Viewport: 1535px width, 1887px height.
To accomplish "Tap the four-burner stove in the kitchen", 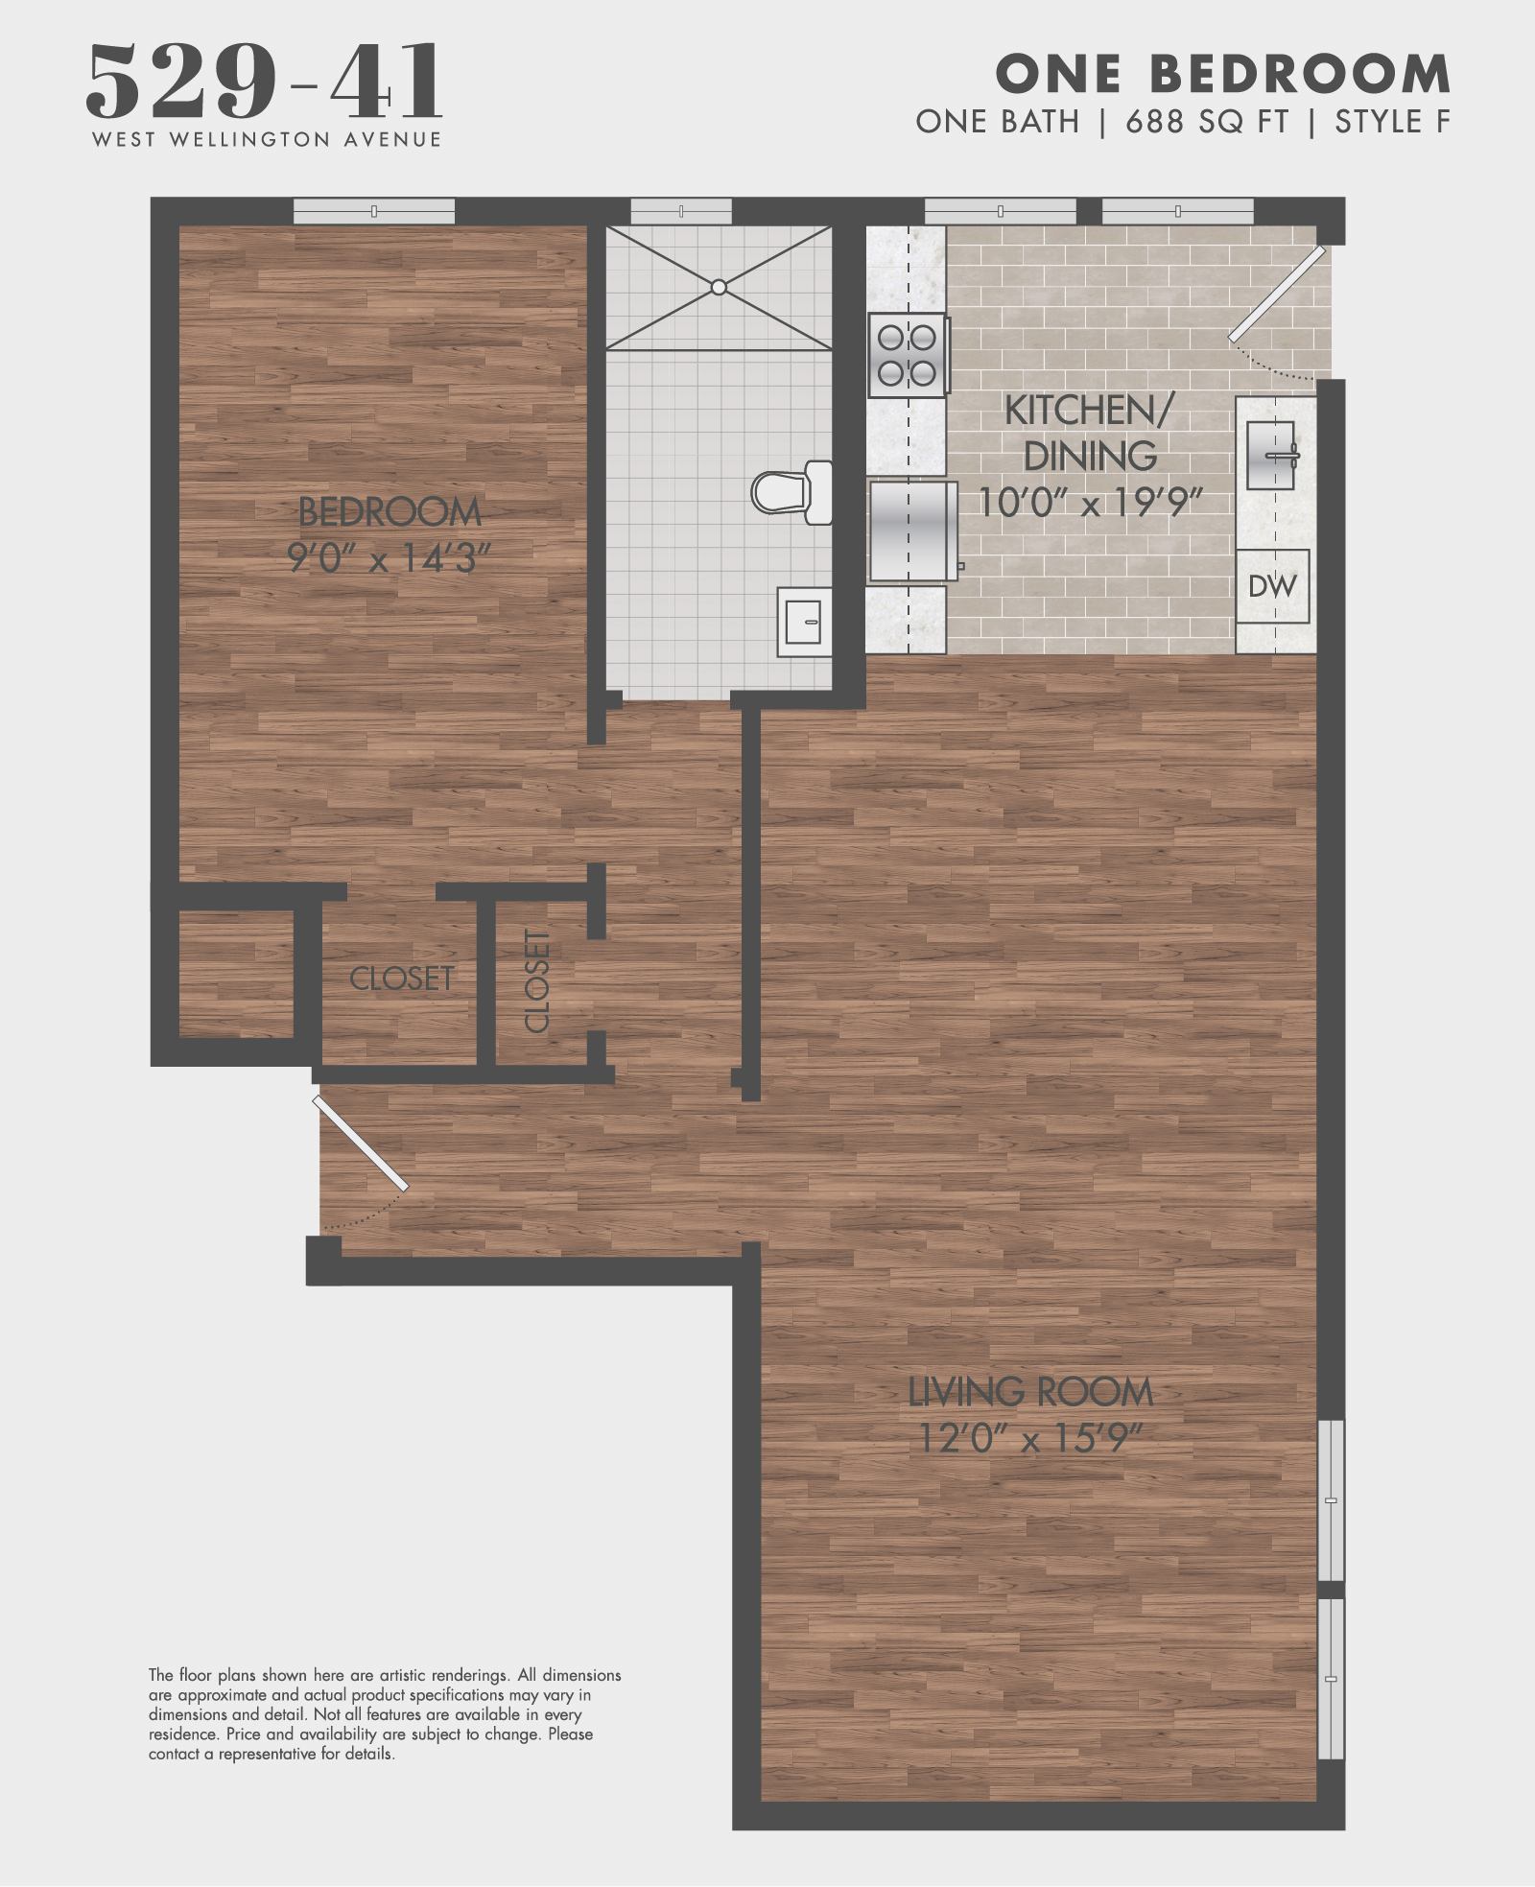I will pyautogui.click(x=908, y=355).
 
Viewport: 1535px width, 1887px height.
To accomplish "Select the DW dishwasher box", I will pyautogui.click(x=1272, y=586).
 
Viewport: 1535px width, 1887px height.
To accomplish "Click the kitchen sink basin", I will pyautogui.click(x=1270, y=456).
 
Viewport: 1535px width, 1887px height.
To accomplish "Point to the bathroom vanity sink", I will pyautogui.click(x=803, y=623).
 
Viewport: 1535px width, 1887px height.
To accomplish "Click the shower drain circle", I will pyautogui.click(x=719, y=287).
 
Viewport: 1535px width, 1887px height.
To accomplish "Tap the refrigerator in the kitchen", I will pyautogui.click(x=912, y=531).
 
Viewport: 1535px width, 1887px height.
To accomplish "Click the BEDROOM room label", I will pyautogui.click(x=390, y=512).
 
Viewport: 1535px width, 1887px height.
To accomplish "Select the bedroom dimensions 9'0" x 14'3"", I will pyautogui.click(x=389, y=557).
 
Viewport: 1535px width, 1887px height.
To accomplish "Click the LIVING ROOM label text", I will pyautogui.click(x=1029, y=1392).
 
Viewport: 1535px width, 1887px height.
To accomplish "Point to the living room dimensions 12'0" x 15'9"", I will pyautogui.click(x=1029, y=1438).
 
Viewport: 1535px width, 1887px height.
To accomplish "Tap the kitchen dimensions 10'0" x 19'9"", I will pyautogui.click(x=1089, y=502).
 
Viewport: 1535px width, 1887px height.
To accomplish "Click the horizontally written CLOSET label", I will pyautogui.click(x=401, y=979).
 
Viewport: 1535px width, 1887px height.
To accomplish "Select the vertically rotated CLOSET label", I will pyautogui.click(x=537, y=980).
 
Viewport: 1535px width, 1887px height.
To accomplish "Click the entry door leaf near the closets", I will pyautogui.click(x=361, y=1144).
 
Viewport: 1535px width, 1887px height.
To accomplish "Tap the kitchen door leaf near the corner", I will pyautogui.click(x=1277, y=294).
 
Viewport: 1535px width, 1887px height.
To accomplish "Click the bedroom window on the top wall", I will pyautogui.click(x=374, y=211).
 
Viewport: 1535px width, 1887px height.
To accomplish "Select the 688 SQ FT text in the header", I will pyautogui.click(x=1207, y=122).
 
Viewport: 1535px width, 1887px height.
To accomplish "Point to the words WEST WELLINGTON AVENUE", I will pyautogui.click(x=267, y=140).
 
